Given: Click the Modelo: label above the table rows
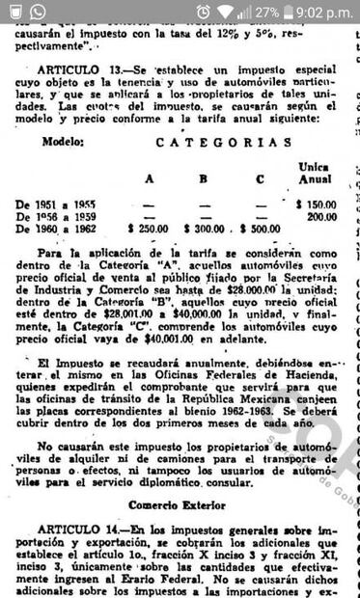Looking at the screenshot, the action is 63,141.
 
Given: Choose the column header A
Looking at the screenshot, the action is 149,178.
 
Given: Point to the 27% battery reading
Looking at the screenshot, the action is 267,12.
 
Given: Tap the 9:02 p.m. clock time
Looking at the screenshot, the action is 321,12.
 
